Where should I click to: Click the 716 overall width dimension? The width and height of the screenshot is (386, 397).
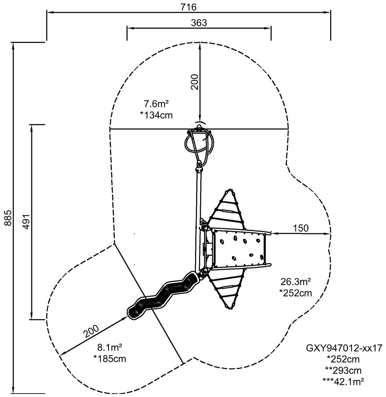click(188, 6)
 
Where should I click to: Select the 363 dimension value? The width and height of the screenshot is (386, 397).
click(199, 23)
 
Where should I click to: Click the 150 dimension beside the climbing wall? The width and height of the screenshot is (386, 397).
click(301, 228)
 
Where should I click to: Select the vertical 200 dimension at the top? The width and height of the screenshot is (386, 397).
click(194, 82)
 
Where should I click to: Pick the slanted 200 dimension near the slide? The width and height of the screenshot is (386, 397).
click(91, 331)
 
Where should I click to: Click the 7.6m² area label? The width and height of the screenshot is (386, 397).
click(156, 104)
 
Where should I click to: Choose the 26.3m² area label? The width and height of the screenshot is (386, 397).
click(296, 281)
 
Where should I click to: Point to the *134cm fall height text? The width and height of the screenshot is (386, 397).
click(156, 115)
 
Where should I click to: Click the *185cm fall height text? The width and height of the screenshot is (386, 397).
click(109, 359)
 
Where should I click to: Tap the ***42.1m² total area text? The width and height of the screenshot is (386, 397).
click(343, 381)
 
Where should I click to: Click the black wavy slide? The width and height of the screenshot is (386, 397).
click(162, 296)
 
